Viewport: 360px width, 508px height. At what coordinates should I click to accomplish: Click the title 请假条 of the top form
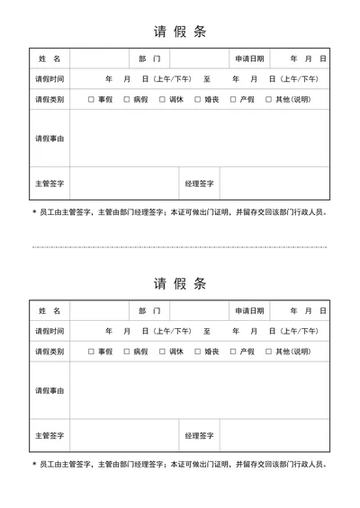[x=180, y=31]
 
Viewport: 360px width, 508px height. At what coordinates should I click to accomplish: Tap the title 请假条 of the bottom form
[x=180, y=284]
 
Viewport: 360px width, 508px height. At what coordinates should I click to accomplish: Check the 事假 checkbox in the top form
[x=91, y=99]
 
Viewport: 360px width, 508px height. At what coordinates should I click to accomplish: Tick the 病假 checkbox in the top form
[x=127, y=99]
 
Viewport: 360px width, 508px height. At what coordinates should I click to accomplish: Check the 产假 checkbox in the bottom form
[x=233, y=352]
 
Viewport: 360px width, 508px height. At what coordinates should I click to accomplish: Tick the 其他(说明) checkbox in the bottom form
[x=269, y=352]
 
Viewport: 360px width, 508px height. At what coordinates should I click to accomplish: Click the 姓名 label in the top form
[x=49, y=58]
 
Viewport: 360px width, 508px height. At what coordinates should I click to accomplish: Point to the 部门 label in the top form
[x=149, y=58]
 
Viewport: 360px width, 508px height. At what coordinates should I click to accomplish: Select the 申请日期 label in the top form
[x=249, y=58]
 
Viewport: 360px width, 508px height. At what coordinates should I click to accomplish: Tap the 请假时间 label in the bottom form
[x=49, y=331]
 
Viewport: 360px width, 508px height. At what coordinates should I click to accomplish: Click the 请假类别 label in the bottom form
[x=49, y=352]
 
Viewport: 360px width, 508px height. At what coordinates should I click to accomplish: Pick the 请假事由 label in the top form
[x=49, y=138]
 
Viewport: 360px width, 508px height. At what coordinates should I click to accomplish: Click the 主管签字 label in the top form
[x=49, y=183]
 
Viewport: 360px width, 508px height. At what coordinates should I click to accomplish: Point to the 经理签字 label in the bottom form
[x=199, y=436]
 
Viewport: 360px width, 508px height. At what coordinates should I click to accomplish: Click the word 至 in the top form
[x=207, y=79]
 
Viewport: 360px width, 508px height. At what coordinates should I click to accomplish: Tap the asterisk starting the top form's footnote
[x=34, y=213]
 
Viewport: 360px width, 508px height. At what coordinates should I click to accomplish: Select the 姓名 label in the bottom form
[x=49, y=311]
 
